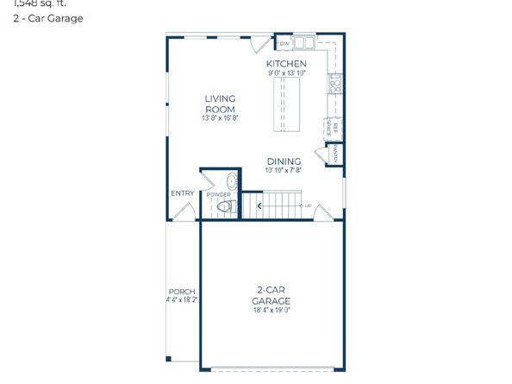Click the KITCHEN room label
(x=285, y=65)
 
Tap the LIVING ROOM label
(x=220, y=104)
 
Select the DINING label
(x=284, y=161)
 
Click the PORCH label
(x=181, y=292)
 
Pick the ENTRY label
(x=182, y=193)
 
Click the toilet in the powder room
(x=227, y=207)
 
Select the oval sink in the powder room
(x=230, y=182)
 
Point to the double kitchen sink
(x=303, y=42)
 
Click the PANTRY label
(x=334, y=154)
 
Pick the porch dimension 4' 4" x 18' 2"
(x=181, y=300)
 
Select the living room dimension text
(x=220, y=118)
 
